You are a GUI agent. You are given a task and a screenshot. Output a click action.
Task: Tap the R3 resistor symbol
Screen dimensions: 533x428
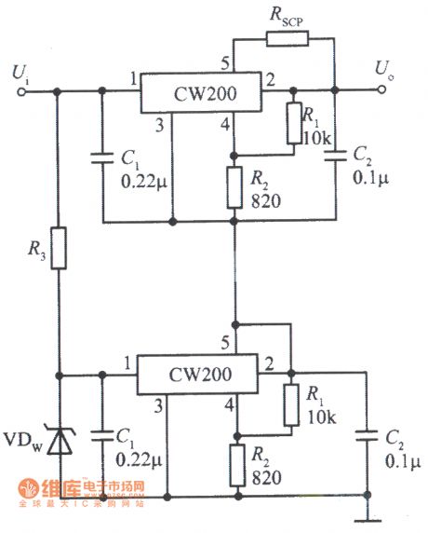pos(59,249)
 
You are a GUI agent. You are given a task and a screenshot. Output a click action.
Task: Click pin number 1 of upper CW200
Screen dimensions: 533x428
pos(133,77)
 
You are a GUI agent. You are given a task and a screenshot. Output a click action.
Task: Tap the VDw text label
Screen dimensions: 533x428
pos(22,437)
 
